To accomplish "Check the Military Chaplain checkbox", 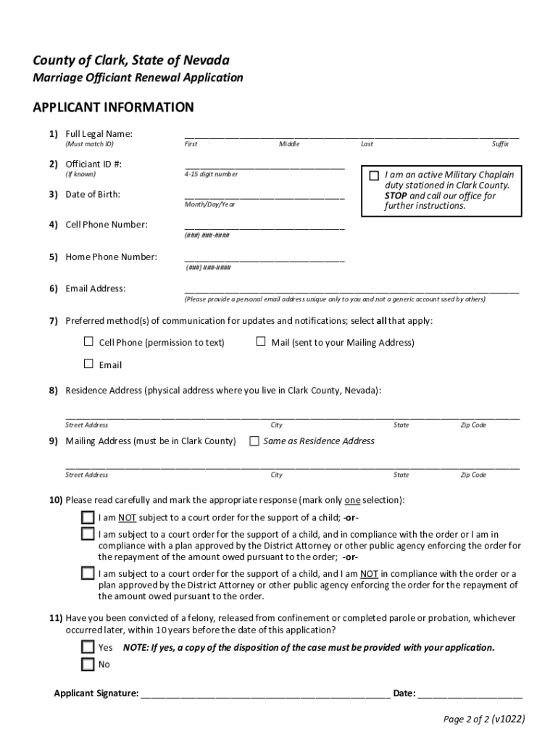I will coord(374,175).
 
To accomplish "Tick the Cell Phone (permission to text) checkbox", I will coord(88,341).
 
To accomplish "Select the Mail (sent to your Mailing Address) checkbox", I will coord(261,341).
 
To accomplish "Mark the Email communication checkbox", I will coord(88,364).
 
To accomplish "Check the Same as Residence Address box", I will coord(254,441).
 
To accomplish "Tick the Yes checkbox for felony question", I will coord(88,646).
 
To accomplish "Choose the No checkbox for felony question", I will coord(88,664).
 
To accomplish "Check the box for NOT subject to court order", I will coord(88,517).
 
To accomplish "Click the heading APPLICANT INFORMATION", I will coord(113,108).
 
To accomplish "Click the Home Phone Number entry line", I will coord(265,259).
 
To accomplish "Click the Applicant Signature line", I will coord(265,693).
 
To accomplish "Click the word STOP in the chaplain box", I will coord(396,196).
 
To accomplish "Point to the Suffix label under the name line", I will coord(500,144).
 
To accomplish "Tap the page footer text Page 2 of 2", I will coord(484,719).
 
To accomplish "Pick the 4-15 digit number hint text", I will coord(211,175).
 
